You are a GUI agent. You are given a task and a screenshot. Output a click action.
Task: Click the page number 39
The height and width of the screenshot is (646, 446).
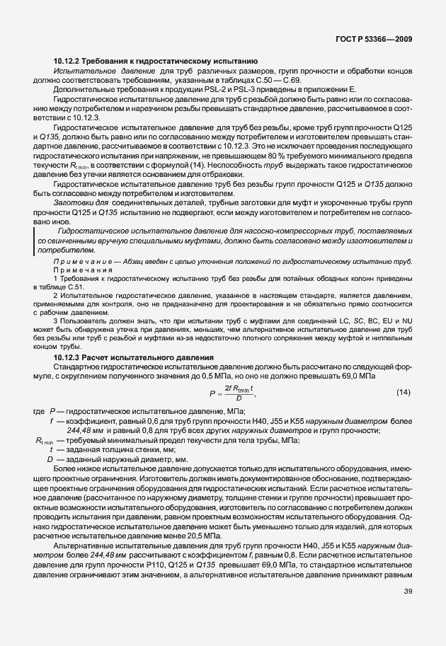click(408, 612)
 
